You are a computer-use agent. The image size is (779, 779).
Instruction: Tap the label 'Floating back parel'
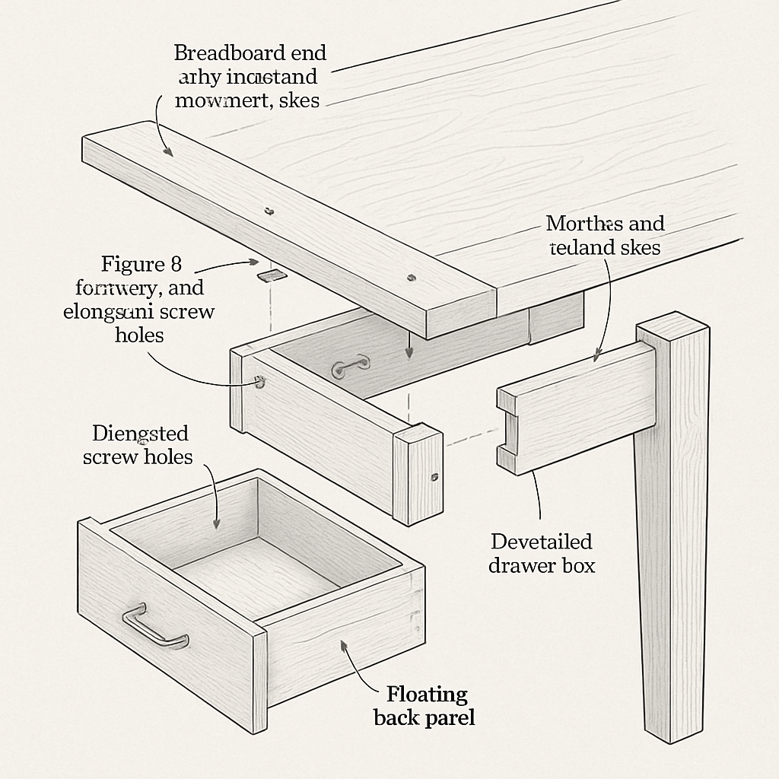[x=424, y=705]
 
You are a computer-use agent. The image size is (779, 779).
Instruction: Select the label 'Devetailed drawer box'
[x=541, y=553]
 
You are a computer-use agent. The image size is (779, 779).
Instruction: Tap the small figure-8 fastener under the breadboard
[x=269, y=275]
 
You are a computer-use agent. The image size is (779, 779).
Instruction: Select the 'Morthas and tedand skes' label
[x=606, y=235]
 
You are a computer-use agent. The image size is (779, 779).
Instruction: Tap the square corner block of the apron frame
[x=417, y=475]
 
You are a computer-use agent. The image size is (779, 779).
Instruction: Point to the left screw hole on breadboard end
[x=268, y=211]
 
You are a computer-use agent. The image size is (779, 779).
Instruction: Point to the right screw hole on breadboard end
[x=412, y=277]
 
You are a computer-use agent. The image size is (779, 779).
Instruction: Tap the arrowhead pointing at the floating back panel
[x=344, y=645]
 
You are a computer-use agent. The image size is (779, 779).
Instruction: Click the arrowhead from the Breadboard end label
[x=170, y=152]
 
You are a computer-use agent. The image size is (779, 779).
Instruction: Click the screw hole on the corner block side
[x=434, y=478]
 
